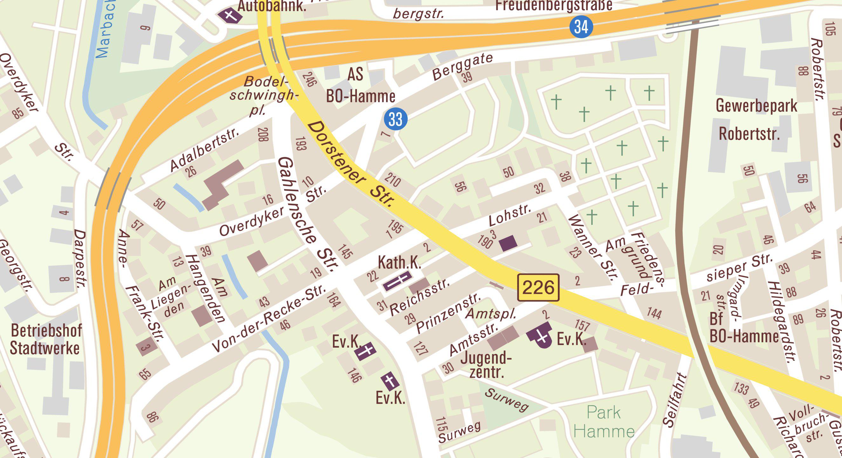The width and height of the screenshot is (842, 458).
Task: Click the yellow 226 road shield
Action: [538, 288]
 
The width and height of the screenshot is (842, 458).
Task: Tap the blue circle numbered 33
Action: [396, 119]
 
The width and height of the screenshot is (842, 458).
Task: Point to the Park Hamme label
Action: [604, 422]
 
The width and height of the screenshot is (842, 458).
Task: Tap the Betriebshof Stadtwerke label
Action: [46, 339]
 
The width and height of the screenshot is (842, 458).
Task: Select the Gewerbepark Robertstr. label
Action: [756, 120]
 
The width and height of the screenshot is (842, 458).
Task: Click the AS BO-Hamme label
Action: [361, 86]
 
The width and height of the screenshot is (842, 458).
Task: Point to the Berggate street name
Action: [463, 66]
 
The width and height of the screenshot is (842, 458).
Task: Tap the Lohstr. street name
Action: [510, 215]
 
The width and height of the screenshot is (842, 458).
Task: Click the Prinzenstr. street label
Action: [448, 312]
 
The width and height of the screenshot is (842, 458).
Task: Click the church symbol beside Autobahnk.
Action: [230, 15]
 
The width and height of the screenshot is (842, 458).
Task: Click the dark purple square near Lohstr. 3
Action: [508, 243]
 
